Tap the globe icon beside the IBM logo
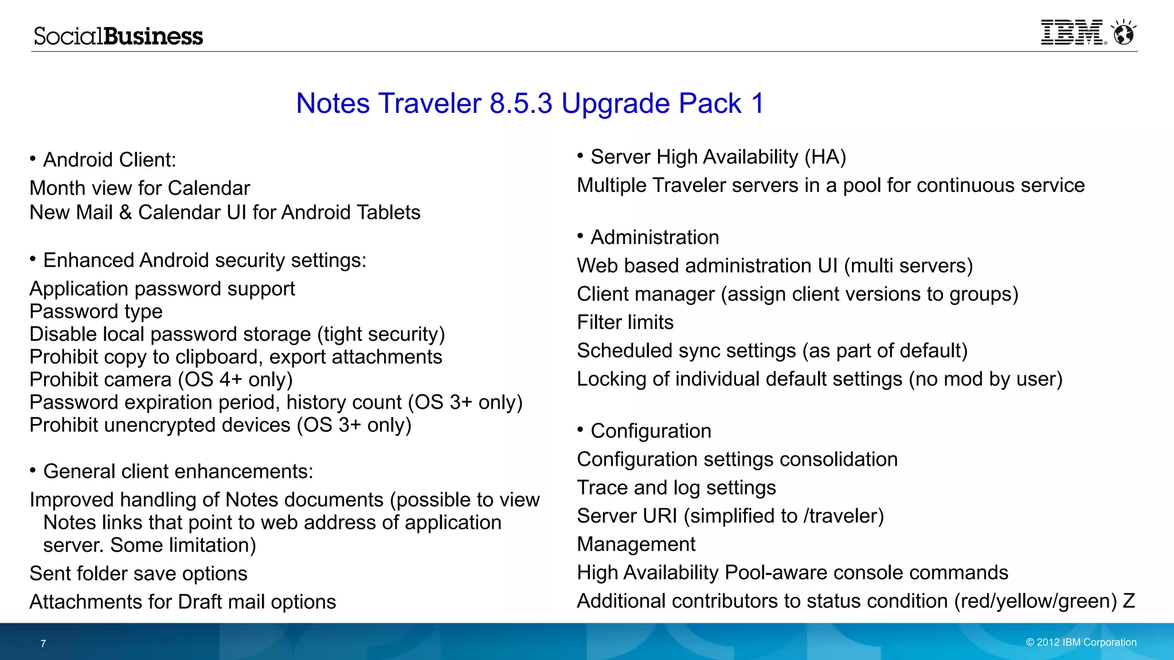click(1124, 33)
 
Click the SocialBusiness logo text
click(118, 36)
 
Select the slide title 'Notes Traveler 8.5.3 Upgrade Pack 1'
click(530, 104)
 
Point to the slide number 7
click(43, 643)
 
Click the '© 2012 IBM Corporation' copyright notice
click(1081, 642)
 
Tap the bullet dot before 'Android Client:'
click(33, 158)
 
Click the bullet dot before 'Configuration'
click(580, 430)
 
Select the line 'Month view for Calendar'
click(140, 188)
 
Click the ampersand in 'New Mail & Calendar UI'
click(126, 213)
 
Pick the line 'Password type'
click(96, 312)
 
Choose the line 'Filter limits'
click(625, 323)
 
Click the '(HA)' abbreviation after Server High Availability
click(825, 157)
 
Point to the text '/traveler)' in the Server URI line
click(843, 516)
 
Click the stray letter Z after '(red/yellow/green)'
click(1129, 601)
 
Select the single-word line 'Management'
click(636, 544)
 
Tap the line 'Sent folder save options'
click(138, 573)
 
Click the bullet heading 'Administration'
click(655, 237)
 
